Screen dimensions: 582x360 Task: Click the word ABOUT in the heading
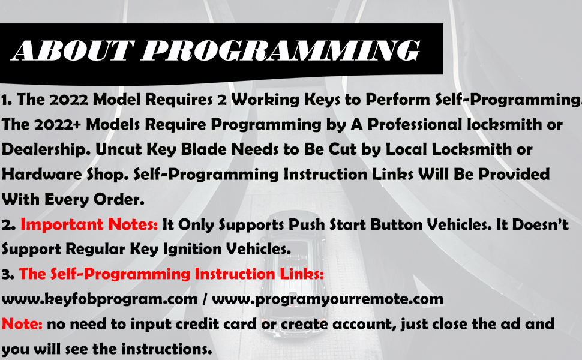pyautogui.click(x=73, y=50)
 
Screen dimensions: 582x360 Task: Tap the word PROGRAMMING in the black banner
pyautogui.click(x=281, y=50)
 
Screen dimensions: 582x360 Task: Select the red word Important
pyautogui.click(x=62, y=225)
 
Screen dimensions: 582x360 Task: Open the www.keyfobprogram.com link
pyautogui.click(x=100, y=299)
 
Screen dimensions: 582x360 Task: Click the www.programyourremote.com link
pyautogui.click(x=328, y=299)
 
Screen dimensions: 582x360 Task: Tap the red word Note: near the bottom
pyautogui.click(x=22, y=324)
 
